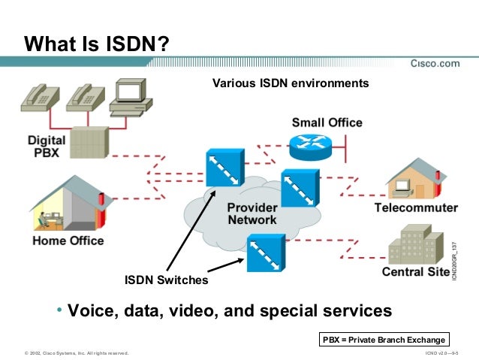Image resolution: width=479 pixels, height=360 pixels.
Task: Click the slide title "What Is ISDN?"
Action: point(96,44)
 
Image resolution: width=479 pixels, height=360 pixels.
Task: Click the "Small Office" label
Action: point(327,123)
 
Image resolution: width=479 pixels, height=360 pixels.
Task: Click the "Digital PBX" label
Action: point(47,145)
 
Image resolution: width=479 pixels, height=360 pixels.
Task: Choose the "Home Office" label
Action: point(68,241)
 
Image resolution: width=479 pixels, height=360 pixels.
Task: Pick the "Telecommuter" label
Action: point(416,207)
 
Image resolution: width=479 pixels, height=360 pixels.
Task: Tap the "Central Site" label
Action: point(415,271)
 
